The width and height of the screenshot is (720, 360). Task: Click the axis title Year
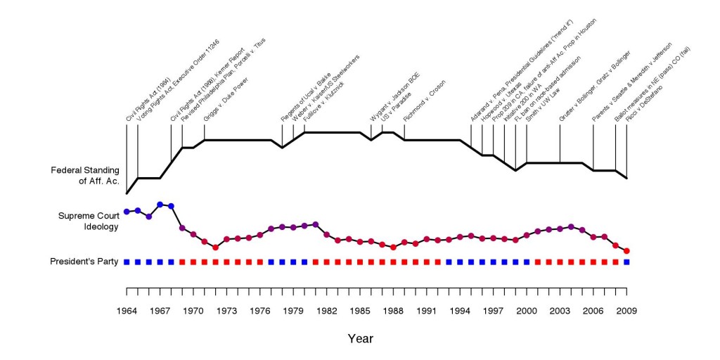pos(360,338)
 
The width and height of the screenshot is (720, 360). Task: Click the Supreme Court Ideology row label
pos(89,221)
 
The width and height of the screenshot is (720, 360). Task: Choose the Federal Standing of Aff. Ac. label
pos(85,175)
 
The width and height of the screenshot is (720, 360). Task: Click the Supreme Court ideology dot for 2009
pos(626,251)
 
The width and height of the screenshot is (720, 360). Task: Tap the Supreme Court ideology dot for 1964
pos(127,211)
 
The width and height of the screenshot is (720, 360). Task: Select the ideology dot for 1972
pos(215,247)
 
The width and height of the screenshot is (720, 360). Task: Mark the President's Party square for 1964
pos(127,262)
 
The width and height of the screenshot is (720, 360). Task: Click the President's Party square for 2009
pos(626,262)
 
